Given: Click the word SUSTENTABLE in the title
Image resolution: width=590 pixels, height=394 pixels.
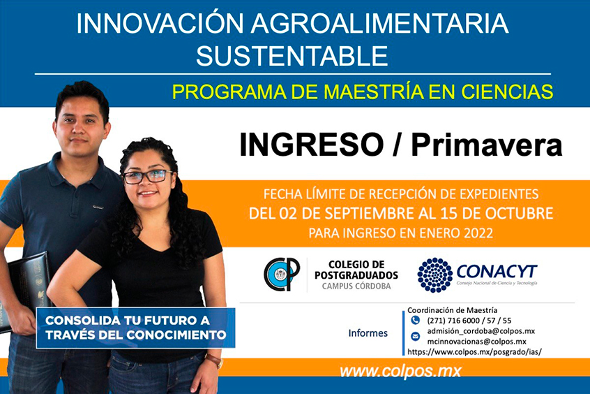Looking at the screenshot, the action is tap(292, 55).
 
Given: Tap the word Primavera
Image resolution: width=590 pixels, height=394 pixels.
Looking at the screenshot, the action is tap(487, 145).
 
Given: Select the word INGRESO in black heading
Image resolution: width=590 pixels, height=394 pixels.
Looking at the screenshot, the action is tap(312, 145).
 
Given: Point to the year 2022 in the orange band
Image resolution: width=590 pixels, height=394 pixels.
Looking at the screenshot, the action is tap(478, 233).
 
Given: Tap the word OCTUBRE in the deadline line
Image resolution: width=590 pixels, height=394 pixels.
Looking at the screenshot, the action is tap(520, 213).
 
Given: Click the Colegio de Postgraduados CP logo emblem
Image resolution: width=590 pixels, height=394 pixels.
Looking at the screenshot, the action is tap(282, 274).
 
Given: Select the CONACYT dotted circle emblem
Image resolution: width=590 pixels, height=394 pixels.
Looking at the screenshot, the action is tap(434, 275).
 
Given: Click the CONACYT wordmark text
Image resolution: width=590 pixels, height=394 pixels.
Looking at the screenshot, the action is tap(497, 272).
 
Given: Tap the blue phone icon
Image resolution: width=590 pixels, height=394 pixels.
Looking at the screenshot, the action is tap(416, 321).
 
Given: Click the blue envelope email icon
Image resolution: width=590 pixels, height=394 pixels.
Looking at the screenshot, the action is tap(416, 336).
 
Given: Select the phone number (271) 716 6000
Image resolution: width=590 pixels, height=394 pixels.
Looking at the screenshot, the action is tap(453, 321).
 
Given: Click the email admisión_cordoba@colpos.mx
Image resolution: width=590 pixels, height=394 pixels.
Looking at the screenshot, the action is tap(481, 331).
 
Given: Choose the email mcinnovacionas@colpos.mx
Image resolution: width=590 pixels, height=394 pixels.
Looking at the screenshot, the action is tap(477, 342).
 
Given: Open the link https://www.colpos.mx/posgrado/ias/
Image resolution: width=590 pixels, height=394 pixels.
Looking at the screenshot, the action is tap(474, 352).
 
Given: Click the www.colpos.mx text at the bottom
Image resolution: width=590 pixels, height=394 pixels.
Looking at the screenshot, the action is tap(400, 372).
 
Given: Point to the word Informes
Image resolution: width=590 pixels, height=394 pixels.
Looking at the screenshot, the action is tap(368, 333).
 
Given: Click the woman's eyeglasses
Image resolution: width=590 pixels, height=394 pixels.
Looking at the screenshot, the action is tap(148, 177).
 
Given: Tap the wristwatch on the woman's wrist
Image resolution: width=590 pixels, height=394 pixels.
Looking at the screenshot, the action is tap(215, 360).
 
